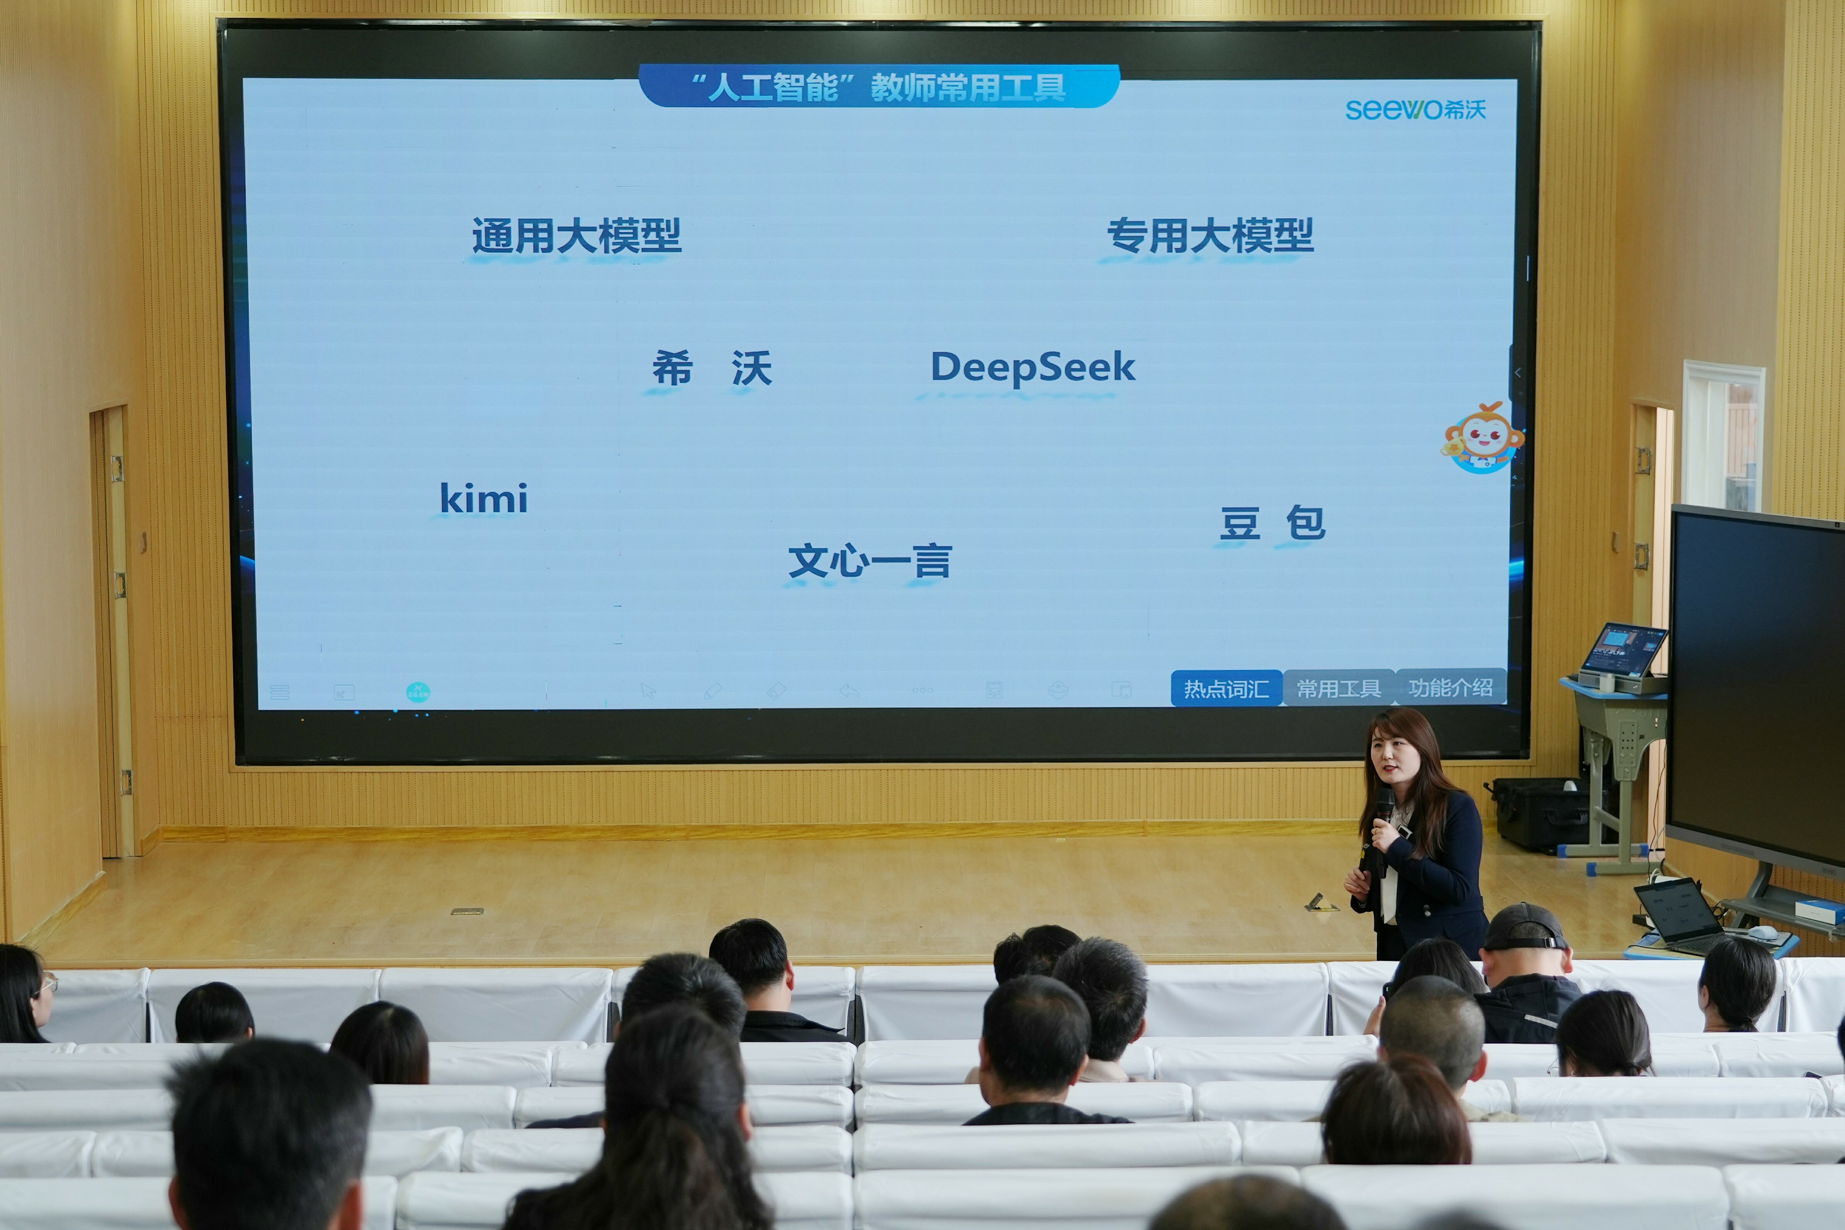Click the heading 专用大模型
coord(1210,235)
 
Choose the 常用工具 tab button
coord(1338,688)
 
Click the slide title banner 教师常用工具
coord(878,86)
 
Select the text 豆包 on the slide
coord(1272,523)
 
